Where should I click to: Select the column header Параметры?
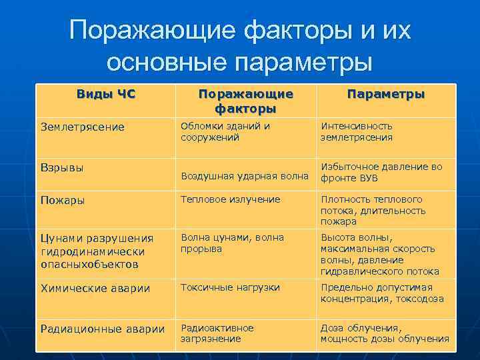385,95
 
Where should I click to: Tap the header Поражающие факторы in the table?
245,101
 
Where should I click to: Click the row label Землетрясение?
83,127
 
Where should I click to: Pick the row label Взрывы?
62,167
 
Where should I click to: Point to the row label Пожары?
63,200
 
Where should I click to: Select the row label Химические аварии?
95,288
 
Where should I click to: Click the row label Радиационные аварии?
103,328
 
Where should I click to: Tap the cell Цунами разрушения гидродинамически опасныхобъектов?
97,251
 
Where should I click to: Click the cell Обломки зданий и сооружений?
225,131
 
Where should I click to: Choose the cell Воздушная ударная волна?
244,176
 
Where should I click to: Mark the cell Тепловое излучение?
230,199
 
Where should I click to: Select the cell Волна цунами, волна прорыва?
231,243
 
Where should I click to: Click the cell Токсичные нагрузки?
229,287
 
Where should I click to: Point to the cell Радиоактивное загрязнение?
217,333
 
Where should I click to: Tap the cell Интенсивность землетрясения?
356,131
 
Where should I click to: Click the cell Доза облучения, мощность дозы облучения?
384,333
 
